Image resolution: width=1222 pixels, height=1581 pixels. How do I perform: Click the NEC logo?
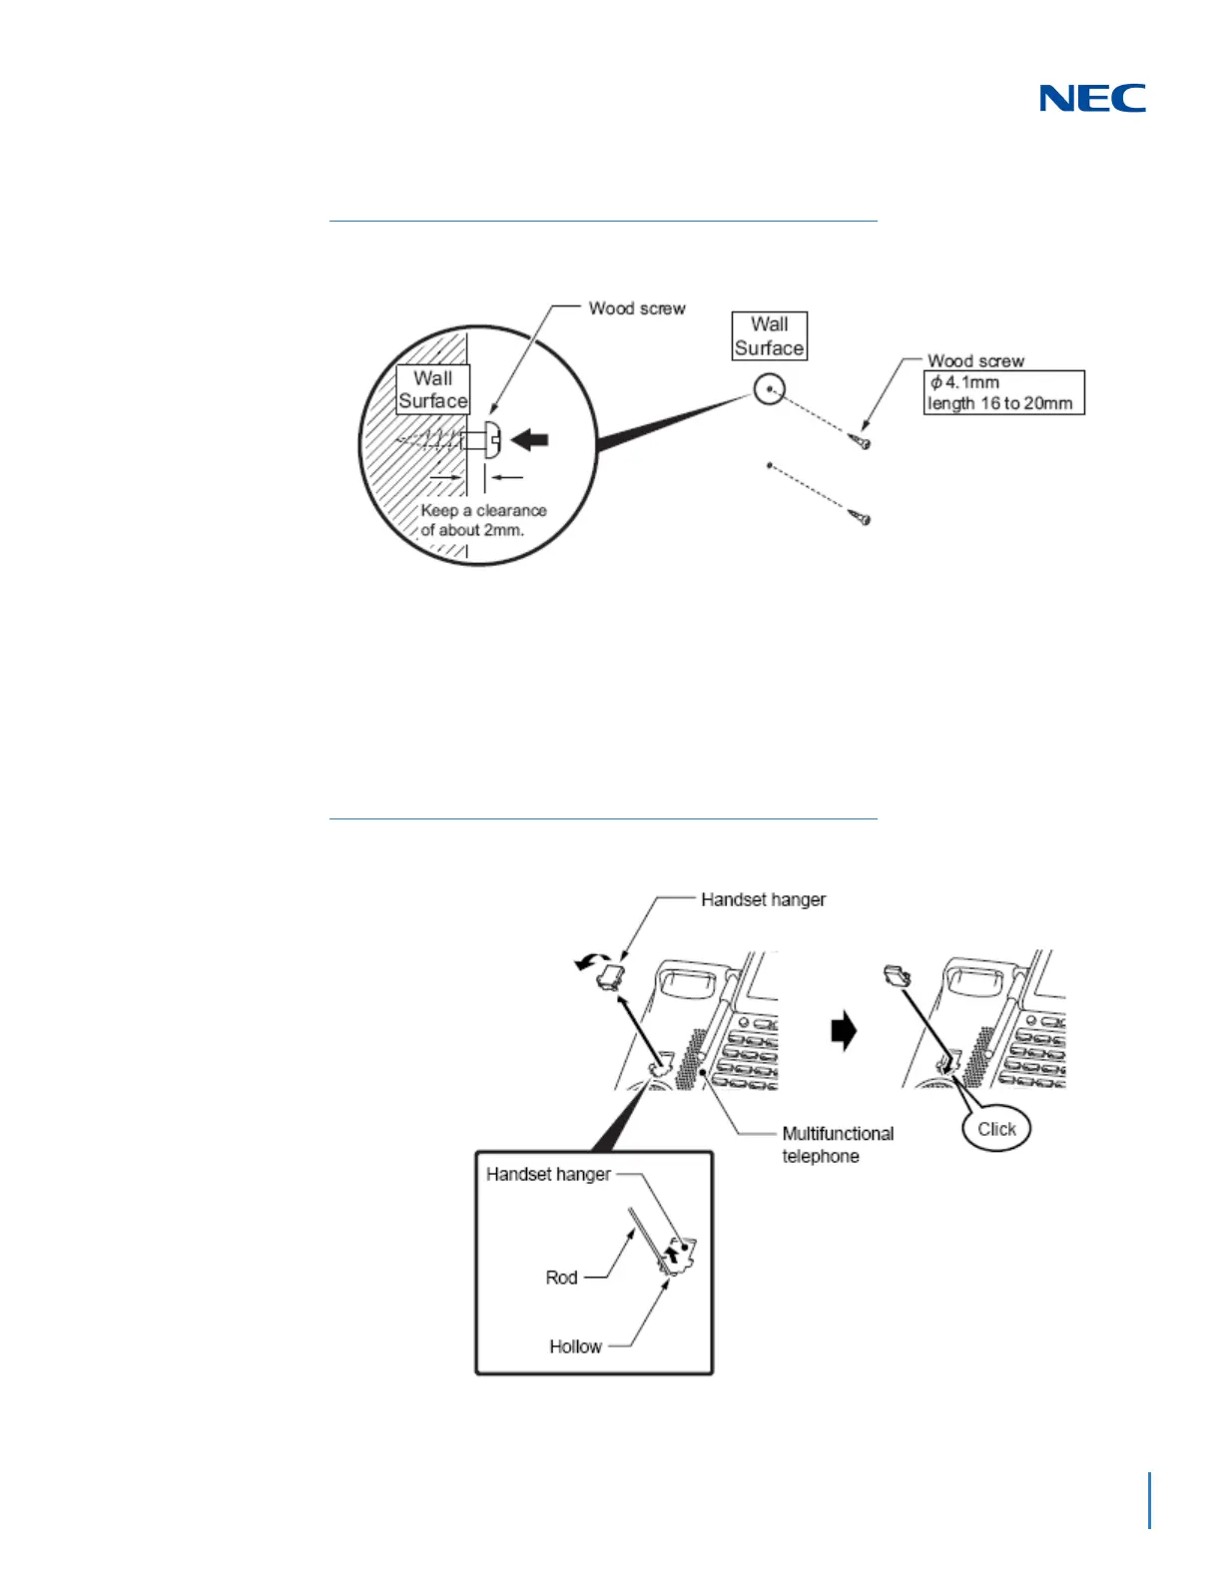coord(1092,98)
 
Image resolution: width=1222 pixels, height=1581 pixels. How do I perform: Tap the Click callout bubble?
coord(995,1129)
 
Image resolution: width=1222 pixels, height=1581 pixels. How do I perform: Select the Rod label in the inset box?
coord(561,1278)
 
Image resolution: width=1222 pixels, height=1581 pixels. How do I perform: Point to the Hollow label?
coord(575,1346)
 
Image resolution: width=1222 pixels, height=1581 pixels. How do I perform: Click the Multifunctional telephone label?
coord(837,1145)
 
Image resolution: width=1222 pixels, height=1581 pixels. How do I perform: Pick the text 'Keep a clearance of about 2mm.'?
coord(483,520)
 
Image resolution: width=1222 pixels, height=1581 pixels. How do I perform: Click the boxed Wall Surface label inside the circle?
coord(432,389)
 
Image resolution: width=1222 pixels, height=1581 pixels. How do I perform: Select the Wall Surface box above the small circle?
coord(769,336)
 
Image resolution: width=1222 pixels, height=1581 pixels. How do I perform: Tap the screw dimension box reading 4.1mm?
coord(1003,392)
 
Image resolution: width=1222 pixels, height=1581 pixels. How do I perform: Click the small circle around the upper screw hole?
coord(769,388)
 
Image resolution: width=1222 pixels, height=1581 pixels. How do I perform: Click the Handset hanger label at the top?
coord(763,899)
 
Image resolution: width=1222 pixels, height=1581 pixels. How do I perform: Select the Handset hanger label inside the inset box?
coord(548,1174)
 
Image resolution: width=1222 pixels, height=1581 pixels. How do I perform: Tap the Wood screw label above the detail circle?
coord(637,308)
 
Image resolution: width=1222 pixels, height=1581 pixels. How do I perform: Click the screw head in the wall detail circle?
coord(492,438)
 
